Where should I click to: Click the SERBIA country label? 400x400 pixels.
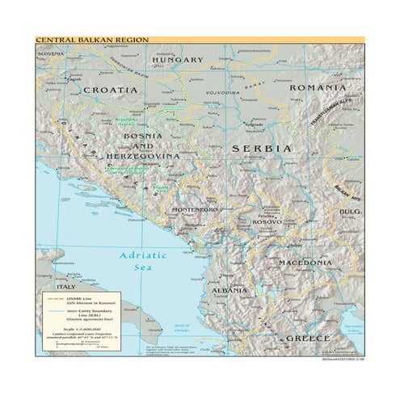(x=261, y=149)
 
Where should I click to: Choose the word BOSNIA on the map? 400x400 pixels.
(x=141, y=136)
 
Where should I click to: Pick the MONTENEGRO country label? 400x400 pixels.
(x=195, y=210)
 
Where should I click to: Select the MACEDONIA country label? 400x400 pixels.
(x=305, y=263)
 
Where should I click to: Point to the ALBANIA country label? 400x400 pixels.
(x=229, y=289)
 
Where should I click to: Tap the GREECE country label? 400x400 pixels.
(x=310, y=337)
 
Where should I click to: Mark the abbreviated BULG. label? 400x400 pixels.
(x=349, y=212)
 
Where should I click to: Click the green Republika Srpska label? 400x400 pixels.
(x=126, y=119)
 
